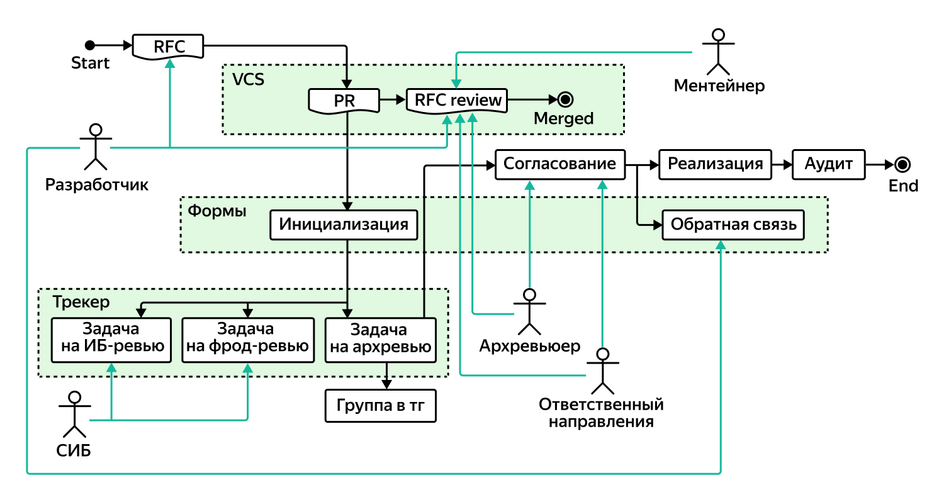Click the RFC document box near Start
169,46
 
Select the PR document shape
344,100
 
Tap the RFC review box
457,100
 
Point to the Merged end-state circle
565,99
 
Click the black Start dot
90,45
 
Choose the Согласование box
559,164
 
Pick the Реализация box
715,164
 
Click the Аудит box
828,164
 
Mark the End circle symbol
903,165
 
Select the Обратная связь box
733,225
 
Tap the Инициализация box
344,225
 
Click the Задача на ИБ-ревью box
111,340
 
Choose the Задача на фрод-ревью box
247,340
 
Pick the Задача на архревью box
380,340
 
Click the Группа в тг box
380,406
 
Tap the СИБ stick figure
75,414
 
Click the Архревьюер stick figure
529,312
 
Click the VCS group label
248,80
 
